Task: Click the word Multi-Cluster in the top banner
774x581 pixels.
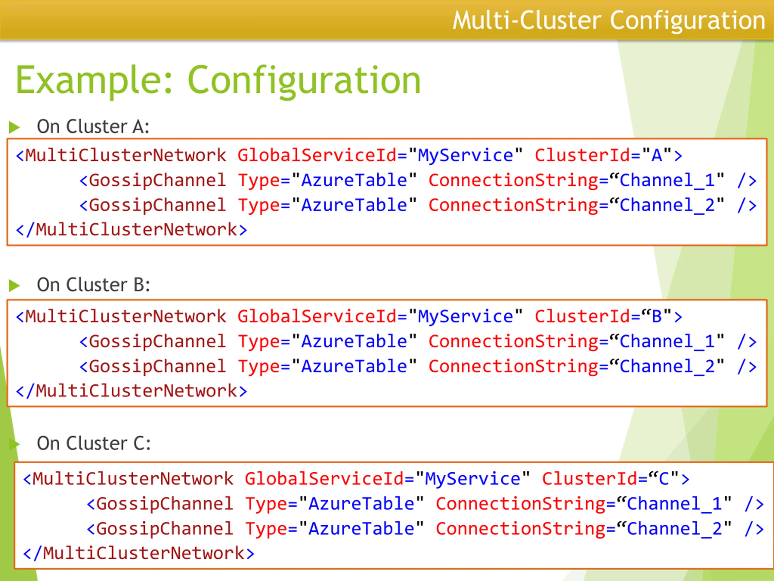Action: pos(527,20)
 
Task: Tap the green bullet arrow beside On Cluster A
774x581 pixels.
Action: pos(14,127)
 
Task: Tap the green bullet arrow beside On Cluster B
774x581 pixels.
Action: pos(14,285)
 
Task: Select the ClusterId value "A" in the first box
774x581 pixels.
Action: pos(657,155)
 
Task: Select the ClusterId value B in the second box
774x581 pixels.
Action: pos(657,317)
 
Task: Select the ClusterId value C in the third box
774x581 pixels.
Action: pos(664,479)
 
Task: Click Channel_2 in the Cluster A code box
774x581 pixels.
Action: pos(667,205)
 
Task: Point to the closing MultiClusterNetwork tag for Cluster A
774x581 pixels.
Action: pos(132,230)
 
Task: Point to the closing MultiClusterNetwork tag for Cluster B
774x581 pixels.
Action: pos(132,391)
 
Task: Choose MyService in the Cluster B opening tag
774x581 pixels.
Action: pos(465,317)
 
